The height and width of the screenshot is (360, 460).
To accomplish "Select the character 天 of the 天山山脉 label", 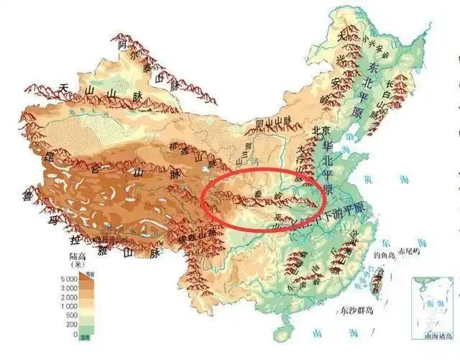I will pos(63,89).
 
